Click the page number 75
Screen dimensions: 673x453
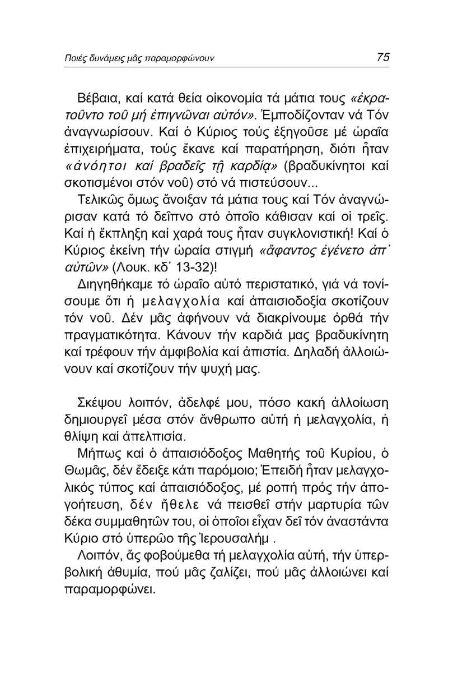pyautogui.click(x=383, y=57)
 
